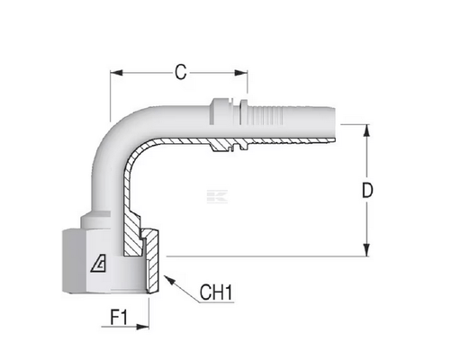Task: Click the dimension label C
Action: point(181,72)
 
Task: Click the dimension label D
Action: point(367,190)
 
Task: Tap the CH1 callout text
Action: point(216,292)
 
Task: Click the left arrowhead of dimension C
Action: point(116,73)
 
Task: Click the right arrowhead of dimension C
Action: point(241,73)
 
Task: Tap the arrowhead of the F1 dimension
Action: point(142,327)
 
